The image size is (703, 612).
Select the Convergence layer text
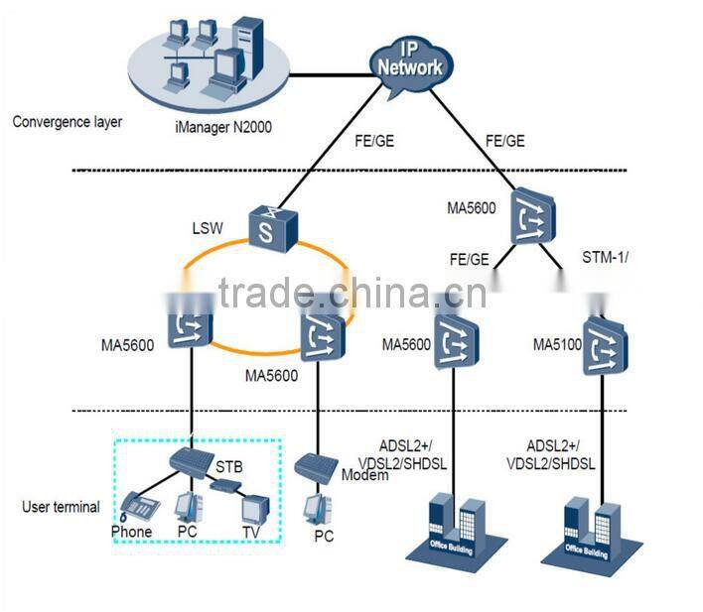pyautogui.click(x=68, y=122)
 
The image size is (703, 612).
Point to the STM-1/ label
pyautogui.click(x=605, y=261)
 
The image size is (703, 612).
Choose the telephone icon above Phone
pyautogui.click(x=140, y=505)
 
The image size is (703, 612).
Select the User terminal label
pyautogui.click(x=61, y=507)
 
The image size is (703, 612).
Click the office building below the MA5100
pyautogui.click(x=595, y=530)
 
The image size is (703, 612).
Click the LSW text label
pyautogui.click(x=210, y=228)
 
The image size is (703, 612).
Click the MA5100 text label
pyautogui.click(x=556, y=345)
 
